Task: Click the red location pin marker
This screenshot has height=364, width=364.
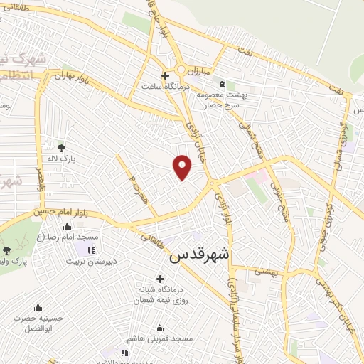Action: [x=183, y=166]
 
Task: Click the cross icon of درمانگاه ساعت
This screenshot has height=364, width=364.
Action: [x=165, y=75]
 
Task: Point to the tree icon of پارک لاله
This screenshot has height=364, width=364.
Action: [x=61, y=148]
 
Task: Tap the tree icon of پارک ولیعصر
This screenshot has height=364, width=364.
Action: [x=6, y=250]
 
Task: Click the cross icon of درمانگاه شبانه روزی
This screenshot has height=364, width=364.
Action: [x=159, y=278]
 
